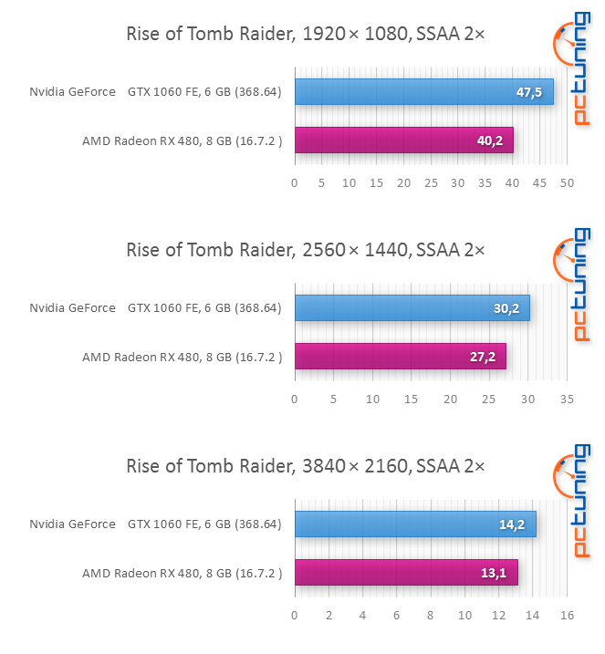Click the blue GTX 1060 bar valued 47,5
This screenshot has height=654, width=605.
click(x=424, y=92)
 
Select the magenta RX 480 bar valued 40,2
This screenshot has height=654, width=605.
click(x=404, y=140)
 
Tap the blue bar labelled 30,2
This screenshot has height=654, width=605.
click(x=412, y=307)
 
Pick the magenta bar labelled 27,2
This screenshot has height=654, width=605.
click(x=401, y=357)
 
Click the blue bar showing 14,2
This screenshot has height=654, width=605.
click(x=415, y=524)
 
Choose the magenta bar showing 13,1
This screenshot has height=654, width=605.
click(x=406, y=572)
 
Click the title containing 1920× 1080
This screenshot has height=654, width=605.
click(x=306, y=34)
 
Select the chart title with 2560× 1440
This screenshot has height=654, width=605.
click(x=306, y=250)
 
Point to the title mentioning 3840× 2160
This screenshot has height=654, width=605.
click(x=306, y=466)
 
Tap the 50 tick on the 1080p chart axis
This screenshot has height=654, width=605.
click(x=567, y=183)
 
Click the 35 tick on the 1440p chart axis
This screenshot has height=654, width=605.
click(x=567, y=400)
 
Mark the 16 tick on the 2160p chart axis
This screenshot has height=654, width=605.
click(x=567, y=615)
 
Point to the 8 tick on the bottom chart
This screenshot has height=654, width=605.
click(x=430, y=615)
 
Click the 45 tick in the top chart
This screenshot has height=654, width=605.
click(x=539, y=183)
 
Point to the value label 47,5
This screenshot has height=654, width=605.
click(x=529, y=92)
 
